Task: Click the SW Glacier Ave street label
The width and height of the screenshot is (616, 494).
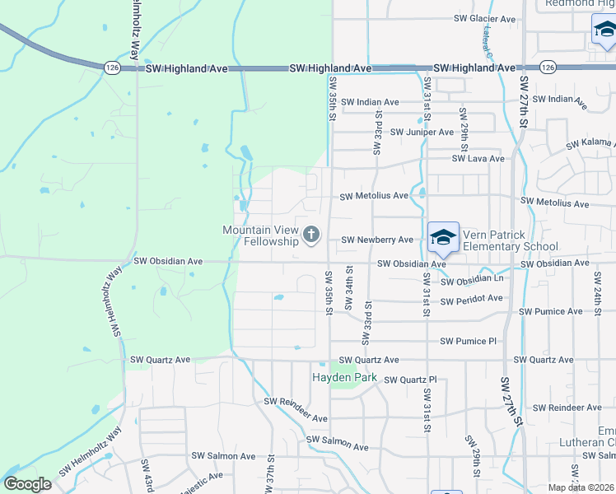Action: click(484, 19)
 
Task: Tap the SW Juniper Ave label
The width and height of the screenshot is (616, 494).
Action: click(422, 132)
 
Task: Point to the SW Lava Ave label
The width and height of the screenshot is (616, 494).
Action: click(478, 159)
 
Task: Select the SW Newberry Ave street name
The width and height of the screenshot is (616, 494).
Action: click(377, 240)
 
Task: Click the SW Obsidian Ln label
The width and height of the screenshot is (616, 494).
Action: click(472, 282)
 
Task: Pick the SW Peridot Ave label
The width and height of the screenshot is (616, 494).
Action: click(472, 301)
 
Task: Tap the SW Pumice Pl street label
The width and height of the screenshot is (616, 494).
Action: click(469, 341)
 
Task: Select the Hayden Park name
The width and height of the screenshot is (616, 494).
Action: click(343, 378)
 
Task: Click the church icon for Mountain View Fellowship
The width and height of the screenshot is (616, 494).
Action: click(311, 235)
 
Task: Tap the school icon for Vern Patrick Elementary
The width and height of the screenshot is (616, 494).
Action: click(443, 238)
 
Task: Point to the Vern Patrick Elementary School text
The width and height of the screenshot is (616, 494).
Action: click(511, 240)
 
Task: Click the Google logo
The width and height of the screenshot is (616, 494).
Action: click(27, 484)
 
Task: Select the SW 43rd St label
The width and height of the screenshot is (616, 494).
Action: click(148, 477)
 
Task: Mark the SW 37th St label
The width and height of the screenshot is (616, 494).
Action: click(270, 478)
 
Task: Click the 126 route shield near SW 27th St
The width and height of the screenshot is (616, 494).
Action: click(547, 66)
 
